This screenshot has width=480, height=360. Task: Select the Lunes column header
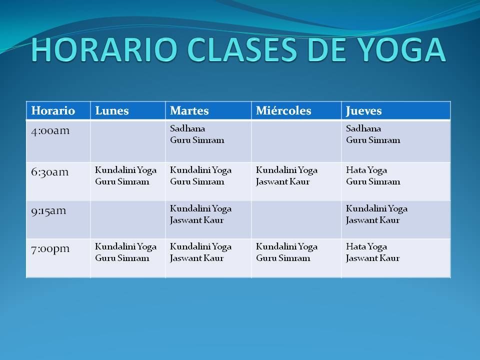pyautogui.click(x=128, y=110)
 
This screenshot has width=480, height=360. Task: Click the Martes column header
pyautogui.click(x=208, y=110)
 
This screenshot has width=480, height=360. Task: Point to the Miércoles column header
pyautogui.click(x=296, y=110)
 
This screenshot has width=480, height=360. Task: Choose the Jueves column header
pyautogui.click(x=396, y=110)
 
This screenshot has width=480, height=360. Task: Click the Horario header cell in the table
pyautogui.click(x=58, y=110)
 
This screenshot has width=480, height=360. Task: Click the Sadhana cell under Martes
pyautogui.click(x=208, y=141)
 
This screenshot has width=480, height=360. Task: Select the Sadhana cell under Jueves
pyautogui.click(x=396, y=141)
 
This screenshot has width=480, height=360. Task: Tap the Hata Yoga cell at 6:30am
pyautogui.click(x=396, y=181)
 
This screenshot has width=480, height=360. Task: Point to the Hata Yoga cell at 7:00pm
pyautogui.click(x=396, y=258)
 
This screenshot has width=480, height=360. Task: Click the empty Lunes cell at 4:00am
pyautogui.click(x=128, y=141)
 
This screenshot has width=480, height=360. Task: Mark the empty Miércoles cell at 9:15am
pyautogui.click(x=296, y=219)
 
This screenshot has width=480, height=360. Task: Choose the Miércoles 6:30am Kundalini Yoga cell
pyautogui.click(x=296, y=181)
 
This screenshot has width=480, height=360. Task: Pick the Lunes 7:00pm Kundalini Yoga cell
pyautogui.click(x=128, y=258)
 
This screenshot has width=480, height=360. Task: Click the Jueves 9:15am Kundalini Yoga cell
pyautogui.click(x=396, y=219)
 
